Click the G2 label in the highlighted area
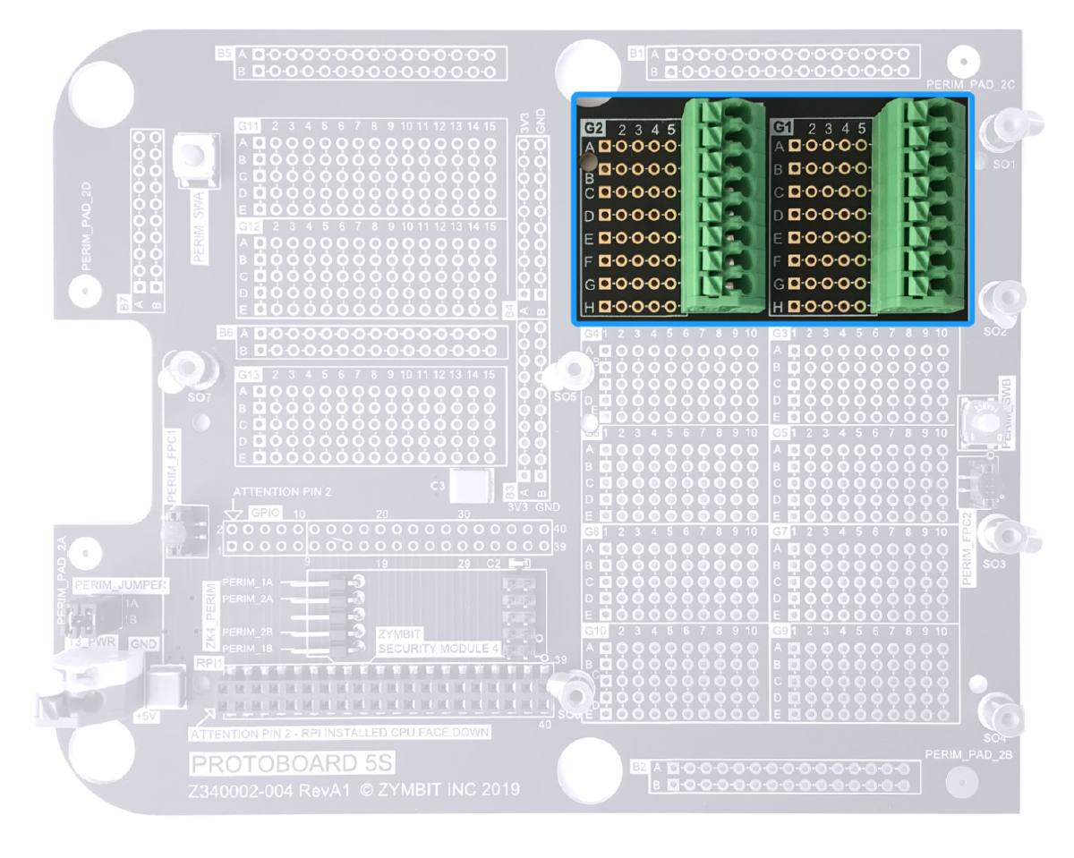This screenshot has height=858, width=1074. point(592,127)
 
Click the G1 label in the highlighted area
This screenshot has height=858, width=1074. point(782,127)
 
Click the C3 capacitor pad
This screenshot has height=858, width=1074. point(472,487)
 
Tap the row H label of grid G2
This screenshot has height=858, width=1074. point(590,308)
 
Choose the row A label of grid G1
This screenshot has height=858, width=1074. point(779,146)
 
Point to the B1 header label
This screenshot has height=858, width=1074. point(636,55)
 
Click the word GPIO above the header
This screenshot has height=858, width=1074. point(266,514)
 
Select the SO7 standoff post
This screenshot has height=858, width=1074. point(188,368)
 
